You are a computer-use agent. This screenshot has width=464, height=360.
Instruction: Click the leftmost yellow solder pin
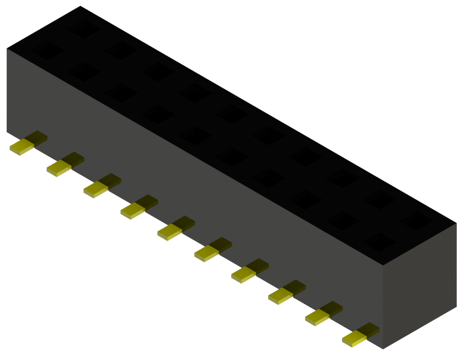click(21, 147)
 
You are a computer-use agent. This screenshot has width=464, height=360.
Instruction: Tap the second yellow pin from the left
click(58, 168)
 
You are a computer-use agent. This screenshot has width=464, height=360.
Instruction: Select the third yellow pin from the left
click(95, 189)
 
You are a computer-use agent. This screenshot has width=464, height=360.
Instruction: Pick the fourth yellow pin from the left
click(132, 210)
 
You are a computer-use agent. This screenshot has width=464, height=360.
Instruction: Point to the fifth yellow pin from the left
click(169, 232)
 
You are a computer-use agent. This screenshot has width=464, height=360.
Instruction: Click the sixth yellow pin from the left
click(206, 253)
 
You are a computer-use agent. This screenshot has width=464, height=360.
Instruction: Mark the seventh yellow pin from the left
click(243, 274)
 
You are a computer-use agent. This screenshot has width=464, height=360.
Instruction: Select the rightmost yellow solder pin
click(354, 339)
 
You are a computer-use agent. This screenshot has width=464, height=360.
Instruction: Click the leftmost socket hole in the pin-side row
click(47, 50)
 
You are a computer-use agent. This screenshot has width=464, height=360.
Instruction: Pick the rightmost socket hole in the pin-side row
click(379, 242)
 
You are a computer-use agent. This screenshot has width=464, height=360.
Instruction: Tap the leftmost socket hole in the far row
click(84, 29)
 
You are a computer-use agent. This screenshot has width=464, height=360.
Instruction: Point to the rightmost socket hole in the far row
click(416, 220)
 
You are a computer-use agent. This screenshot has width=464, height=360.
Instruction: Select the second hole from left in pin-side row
click(84, 72)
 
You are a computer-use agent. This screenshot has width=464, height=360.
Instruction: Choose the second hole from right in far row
click(379, 199)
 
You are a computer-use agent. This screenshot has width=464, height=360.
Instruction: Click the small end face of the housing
click(420, 286)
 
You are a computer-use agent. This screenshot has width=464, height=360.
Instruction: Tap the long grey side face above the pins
click(191, 191)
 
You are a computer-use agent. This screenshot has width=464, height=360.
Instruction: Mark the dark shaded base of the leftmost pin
click(36, 138)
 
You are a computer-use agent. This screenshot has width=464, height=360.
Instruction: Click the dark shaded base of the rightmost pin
click(369, 329)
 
